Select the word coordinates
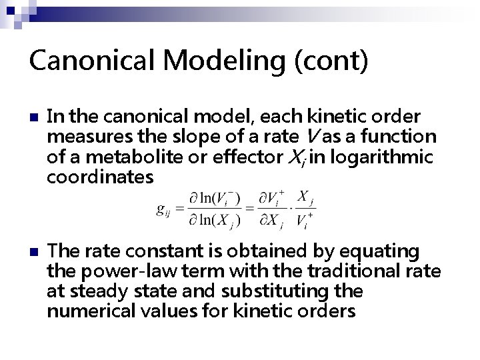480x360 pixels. pyautogui.click(x=100, y=179)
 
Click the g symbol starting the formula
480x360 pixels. pyautogui.click(x=161, y=210)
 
